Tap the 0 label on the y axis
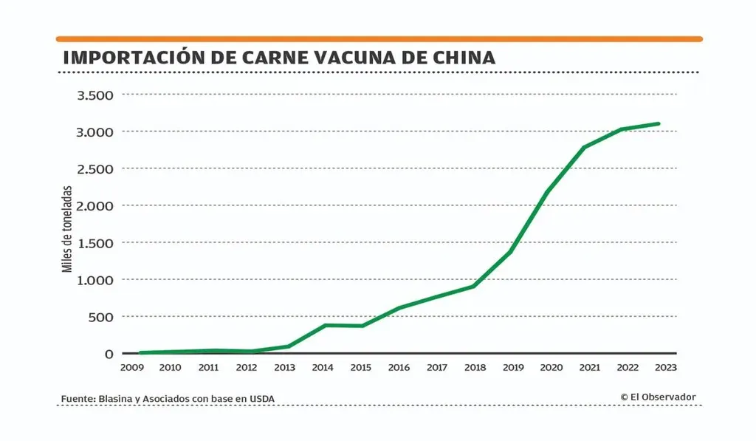[x=109, y=353]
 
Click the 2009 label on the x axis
[x=132, y=366]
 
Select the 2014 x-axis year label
[x=323, y=366]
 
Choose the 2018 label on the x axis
[x=475, y=366]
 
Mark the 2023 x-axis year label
[x=664, y=366]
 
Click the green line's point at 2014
[x=325, y=325]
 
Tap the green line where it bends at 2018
[x=473, y=286]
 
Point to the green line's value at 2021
[x=585, y=147]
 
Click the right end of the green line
[x=658, y=123]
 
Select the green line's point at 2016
[x=399, y=308]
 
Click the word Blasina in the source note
[x=114, y=399]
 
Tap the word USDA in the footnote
[x=261, y=399]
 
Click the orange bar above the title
[x=379, y=38]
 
